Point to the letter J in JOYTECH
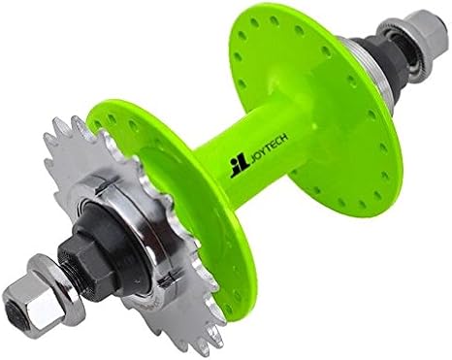point(253,157)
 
